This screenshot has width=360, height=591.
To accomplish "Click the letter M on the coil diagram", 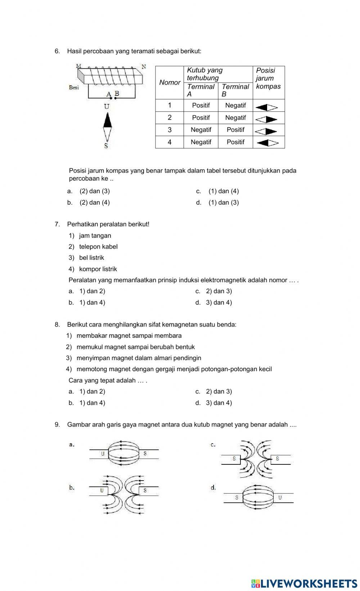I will click(x=79, y=66).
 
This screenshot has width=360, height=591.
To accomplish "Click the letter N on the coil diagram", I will click(x=144, y=67).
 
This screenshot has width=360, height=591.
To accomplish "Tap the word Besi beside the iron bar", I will click(x=74, y=87).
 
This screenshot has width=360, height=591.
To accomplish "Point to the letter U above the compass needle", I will click(x=107, y=106).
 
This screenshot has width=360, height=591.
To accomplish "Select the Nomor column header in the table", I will click(x=170, y=83).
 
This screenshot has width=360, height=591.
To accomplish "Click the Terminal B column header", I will click(x=235, y=90).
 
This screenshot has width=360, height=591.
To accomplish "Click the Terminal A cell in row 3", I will click(x=201, y=130).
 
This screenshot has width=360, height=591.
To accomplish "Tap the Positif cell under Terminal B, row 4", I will click(x=235, y=142).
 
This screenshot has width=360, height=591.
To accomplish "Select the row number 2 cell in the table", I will click(x=170, y=118).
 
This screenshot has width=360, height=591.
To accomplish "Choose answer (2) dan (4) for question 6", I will click(x=95, y=203).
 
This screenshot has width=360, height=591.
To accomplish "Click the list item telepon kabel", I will click(x=98, y=247).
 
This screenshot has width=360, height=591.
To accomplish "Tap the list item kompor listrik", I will click(x=98, y=269).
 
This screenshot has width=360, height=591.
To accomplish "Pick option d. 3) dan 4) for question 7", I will click(x=219, y=303).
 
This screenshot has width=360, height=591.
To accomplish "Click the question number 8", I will click(x=57, y=324).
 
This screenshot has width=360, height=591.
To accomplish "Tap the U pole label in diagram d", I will click(x=280, y=498).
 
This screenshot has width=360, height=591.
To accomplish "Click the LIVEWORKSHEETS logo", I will click(x=304, y=583).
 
